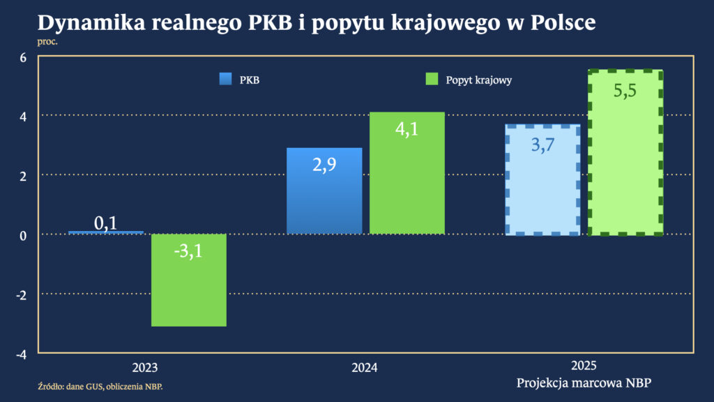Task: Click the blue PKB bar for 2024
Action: [x=324, y=202]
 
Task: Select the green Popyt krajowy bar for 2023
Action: [x=188, y=293]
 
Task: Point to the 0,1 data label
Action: [x=105, y=223]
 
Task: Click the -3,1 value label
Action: [x=188, y=251]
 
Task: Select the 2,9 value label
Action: [x=324, y=166]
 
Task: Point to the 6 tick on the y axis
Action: [x=23, y=57]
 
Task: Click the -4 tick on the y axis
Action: [x=21, y=354]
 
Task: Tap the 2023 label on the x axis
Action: [x=144, y=368]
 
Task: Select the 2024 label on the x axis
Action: [x=365, y=368]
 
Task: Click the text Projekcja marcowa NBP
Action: [x=584, y=382]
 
